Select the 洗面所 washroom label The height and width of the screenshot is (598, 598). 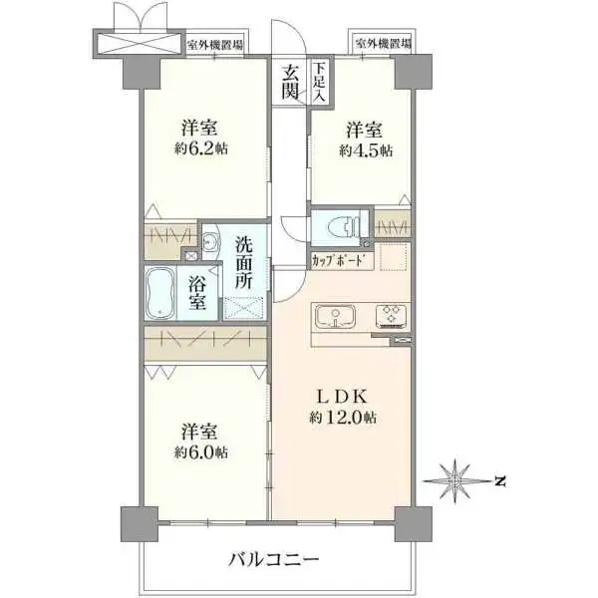pos(245,262)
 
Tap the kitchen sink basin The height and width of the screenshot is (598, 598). pos(336,318)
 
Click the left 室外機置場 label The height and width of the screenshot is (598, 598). pos(217,45)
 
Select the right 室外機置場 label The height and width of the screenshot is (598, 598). pos(383,45)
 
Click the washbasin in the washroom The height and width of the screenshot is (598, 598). pos(210,242)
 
